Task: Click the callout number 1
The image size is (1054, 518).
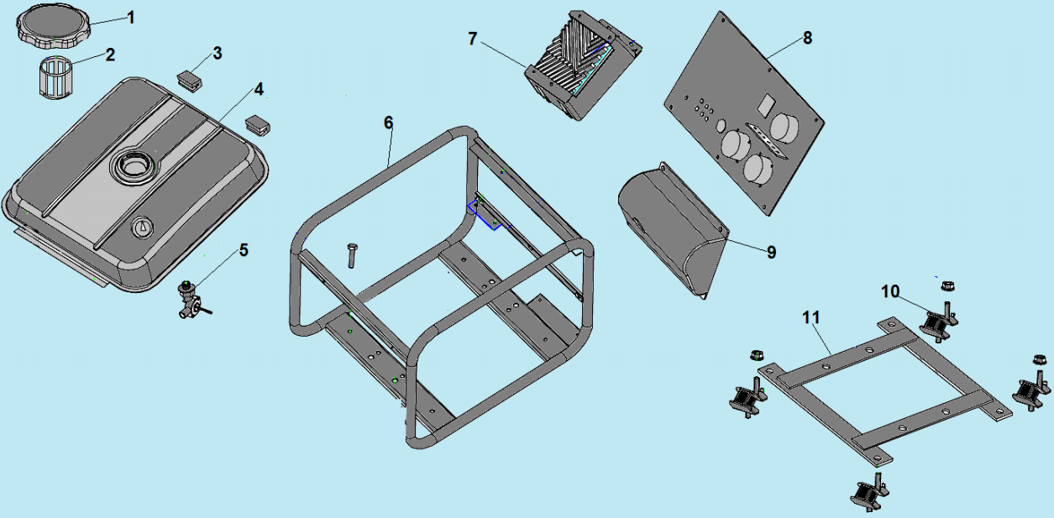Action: pyautogui.click(x=129, y=17)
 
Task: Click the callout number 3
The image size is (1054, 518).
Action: pyautogui.click(x=217, y=54)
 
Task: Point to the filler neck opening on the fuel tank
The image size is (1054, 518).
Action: pyautogui.click(x=134, y=165)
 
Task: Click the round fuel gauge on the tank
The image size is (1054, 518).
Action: pyautogui.click(x=143, y=227)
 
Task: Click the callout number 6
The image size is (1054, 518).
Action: pyautogui.click(x=388, y=123)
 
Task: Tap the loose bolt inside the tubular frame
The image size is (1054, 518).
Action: pyautogui.click(x=353, y=254)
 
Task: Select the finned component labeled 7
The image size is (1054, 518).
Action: pyautogui.click(x=579, y=63)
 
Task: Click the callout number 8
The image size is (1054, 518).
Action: pyautogui.click(x=807, y=38)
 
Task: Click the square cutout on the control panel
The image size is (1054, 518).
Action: pyautogui.click(x=766, y=105)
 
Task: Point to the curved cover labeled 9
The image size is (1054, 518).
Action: pyautogui.click(x=668, y=227)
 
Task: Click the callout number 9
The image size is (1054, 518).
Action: pyautogui.click(x=771, y=252)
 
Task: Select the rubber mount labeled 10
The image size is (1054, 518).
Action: pyautogui.click(x=937, y=323)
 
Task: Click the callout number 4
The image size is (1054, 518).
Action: pyautogui.click(x=259, y=88)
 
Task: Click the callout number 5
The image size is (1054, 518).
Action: pyautogui.click(x=244, y=249)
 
